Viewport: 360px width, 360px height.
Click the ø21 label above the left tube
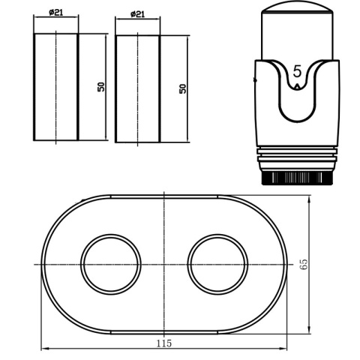pyautogui.click(x=56, y=12)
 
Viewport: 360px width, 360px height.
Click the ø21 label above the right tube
pyautogui.click(x=137, y=14)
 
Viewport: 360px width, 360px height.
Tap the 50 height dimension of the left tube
pyautogui.click(x=101, y=87)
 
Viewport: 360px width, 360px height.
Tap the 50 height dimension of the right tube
pyautogui.click(x=183, y=88)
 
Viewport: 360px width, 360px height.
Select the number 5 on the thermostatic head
pyautogui.click(x=297, y=72)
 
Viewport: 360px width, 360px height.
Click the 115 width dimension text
pyautogui.click(x=164, y=343)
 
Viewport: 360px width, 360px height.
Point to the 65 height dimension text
pyautogui.click(x=304, y=264)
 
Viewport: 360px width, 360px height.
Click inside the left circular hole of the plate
pyautogui.click(x=111, y=264)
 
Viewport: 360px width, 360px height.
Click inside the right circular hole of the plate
pyautogui.click(x=217, y=264)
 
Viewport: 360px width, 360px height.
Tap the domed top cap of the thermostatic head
pyautogui.click(x=297, y=7)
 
